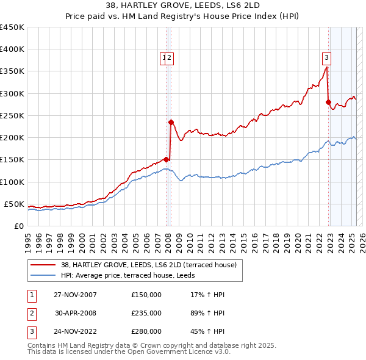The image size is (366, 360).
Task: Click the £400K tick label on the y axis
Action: click(12, 49)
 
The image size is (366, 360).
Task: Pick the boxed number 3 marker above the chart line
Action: click(327, 58)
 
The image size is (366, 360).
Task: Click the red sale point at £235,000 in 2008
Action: click(171, 121)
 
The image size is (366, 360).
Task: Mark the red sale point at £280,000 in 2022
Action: click(329, 102)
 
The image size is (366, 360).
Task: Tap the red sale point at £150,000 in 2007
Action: click(167, 159)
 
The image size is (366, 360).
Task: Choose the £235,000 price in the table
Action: click(146, 313)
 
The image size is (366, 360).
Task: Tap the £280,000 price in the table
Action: click(146, 332)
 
